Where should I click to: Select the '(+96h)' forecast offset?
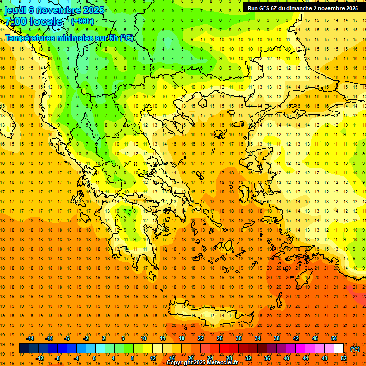coord(82,21)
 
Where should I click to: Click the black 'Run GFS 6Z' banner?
coord(303,8)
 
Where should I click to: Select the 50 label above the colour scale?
coord(334,338)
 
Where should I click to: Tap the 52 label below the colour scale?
coord(344,358)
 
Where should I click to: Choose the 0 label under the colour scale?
coord(94,358)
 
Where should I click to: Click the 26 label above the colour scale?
coord(220,338)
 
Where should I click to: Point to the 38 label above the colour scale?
coord(277,338)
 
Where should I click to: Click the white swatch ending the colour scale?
coord(338,348)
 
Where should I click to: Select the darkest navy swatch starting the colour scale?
coord(24,348)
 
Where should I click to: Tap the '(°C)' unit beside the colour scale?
coord(355,348)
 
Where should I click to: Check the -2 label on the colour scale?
coord(86,338)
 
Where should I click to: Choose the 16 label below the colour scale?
coord(172,358)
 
